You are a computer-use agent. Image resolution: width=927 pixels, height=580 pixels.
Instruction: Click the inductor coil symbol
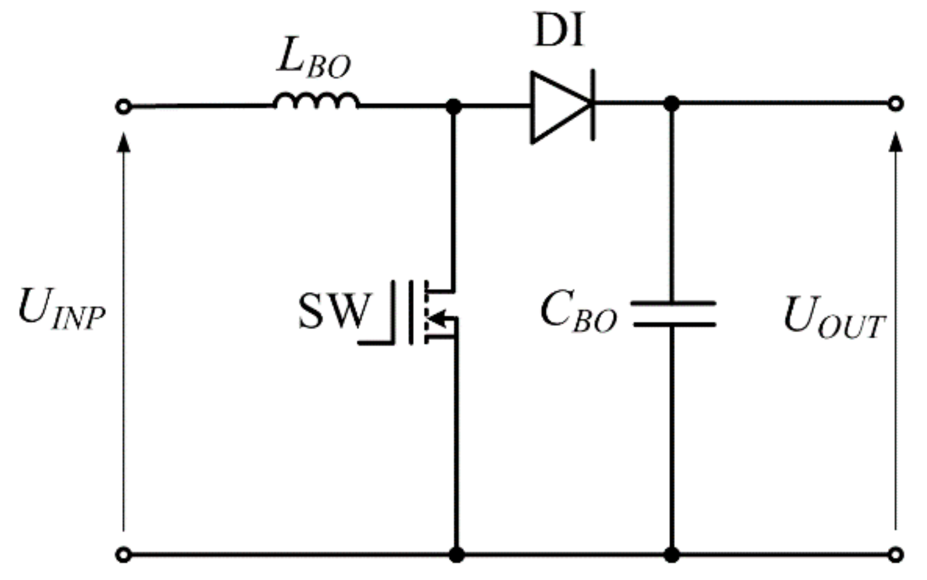click(316, 101)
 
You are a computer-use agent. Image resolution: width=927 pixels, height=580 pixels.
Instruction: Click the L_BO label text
click(313, 60)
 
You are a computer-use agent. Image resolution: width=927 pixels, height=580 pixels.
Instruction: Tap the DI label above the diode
click(559, 30)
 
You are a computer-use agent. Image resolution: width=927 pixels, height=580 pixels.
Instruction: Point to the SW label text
click(334, 312)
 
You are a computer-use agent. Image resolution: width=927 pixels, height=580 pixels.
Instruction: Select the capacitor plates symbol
click(673, 314)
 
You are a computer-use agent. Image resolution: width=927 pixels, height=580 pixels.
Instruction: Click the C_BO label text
click(578, 313)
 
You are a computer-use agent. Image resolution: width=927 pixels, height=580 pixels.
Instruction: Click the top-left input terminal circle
click(123, 107)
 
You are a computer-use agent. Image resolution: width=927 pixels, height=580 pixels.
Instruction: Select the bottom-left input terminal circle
click(123, 555)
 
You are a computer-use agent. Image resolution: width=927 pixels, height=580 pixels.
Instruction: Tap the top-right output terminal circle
click(895, 104)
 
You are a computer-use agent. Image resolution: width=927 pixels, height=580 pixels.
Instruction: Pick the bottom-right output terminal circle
click(895, 555)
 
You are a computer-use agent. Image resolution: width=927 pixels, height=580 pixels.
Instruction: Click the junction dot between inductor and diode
click(453, 106)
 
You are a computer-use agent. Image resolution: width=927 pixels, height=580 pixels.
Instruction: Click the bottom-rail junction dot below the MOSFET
click(456, 555)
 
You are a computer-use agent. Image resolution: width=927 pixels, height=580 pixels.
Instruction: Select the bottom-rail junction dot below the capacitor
click(671, 555)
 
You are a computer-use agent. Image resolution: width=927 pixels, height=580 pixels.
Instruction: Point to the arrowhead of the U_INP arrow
click(123, 142)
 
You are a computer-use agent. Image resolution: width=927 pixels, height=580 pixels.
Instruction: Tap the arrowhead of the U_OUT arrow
click(895, 142)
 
